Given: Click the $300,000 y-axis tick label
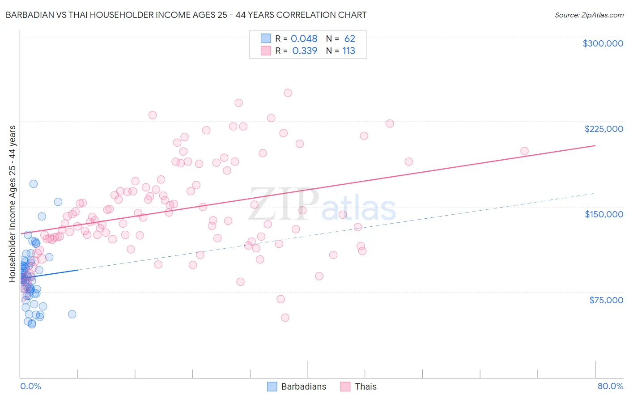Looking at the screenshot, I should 603,43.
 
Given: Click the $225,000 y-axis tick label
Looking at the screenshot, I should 603,129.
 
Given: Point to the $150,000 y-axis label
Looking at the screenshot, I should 603,214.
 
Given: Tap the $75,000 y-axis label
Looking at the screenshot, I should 606,300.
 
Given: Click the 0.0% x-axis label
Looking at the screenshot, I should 30,386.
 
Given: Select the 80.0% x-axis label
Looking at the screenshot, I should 610,386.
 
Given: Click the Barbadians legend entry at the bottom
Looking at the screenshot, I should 303,386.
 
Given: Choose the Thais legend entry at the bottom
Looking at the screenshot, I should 365,386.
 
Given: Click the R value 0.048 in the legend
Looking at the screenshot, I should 304,39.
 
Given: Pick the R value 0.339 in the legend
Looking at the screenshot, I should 304,51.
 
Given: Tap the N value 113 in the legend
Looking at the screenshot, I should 349,51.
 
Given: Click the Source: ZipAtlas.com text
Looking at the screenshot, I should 589,15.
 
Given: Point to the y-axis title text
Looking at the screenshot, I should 13,204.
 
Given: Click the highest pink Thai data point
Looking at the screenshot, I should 288,93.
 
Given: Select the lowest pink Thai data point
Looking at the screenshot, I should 285,318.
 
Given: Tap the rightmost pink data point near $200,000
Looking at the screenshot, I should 524,151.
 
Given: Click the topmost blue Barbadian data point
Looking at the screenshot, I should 34,184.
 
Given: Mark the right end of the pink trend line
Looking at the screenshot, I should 595,146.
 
